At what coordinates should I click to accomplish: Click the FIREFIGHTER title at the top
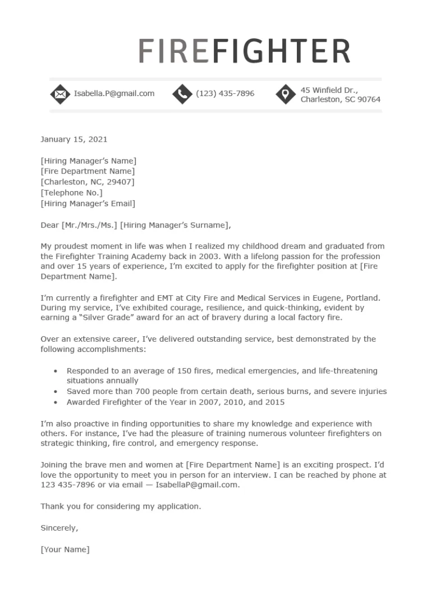(x=244, y=52)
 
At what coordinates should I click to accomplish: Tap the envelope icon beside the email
(x=59, y=94)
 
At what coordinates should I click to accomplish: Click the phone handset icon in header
(x=181, y=94)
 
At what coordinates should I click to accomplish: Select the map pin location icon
(x=286, y=94)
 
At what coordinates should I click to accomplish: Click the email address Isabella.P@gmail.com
(x=114, y=93)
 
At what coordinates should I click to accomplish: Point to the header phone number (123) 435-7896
(x=224, y=93)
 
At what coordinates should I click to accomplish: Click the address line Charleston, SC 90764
(x=340, y=99)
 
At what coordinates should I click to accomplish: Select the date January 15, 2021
(x=74, y=139)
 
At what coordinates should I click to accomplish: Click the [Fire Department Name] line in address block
(x=88, y=171)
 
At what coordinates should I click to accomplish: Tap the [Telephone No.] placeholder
(x=71, y=193)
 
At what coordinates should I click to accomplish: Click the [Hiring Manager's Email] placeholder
(x=88, y=203)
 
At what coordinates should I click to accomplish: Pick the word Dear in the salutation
(x=49, y=225)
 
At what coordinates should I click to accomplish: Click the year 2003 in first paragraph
(x=209, y=256)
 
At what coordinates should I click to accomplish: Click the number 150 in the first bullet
(x=168, y=371)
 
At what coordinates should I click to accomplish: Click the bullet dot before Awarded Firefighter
(x=55, y=402)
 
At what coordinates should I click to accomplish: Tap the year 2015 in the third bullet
(x=275, y=402)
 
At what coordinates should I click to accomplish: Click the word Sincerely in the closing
(x=59, y=528)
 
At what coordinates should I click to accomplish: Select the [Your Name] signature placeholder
(x=65, y=549)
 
